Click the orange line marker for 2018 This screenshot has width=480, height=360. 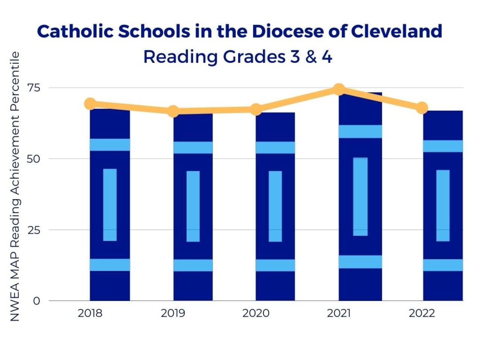[90, 103]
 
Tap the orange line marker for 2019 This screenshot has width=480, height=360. [173, 111]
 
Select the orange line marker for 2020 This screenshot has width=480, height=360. [256, 109]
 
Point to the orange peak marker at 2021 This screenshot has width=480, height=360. [339, 89]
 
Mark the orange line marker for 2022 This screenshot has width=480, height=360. [422, 108]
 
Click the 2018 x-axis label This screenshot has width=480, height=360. [90, 313]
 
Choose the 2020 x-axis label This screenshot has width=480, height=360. [256, 313]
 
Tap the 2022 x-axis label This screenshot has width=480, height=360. [422, 313]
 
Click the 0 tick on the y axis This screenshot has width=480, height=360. [36, 301]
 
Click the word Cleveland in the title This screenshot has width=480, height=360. [396, 31]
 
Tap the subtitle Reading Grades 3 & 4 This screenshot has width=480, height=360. [238, 57]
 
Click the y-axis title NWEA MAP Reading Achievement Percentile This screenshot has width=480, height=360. [14, 187]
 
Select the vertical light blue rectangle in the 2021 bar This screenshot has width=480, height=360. [360, 197]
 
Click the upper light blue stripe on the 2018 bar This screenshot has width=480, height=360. [110, 145]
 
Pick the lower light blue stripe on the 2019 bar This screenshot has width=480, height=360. [193, 265]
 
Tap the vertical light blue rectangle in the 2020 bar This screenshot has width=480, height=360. [275, 206]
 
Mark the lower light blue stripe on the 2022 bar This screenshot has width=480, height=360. [443, 265]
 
